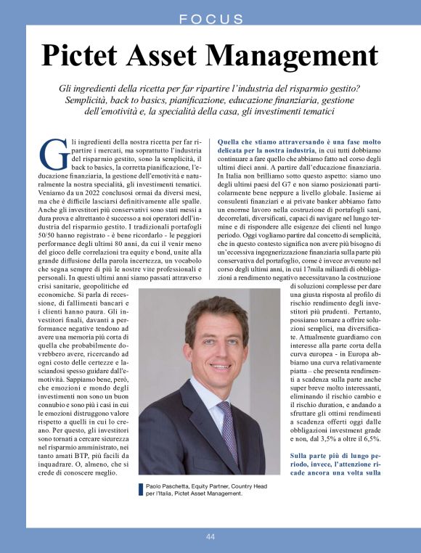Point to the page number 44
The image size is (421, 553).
click(210, 536)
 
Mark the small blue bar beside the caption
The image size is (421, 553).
click(141, 489)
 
